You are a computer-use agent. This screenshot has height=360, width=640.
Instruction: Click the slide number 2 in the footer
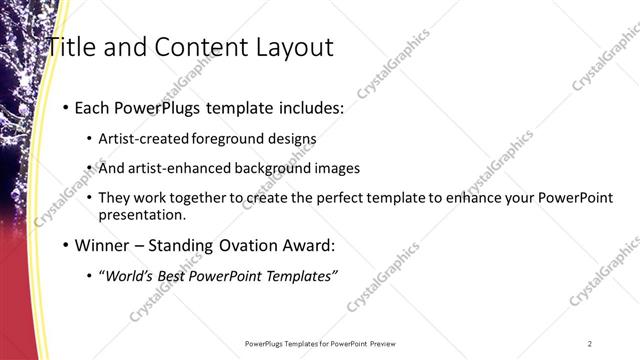pyautogui.click(x=590, y=343)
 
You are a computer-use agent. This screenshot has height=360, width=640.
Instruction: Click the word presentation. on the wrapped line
pyautogui.click(x=141, y=214)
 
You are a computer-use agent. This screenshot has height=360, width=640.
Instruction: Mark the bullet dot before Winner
pyautogui.click(x=65, y=245)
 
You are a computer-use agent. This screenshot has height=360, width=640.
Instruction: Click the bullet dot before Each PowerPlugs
pyautogui.click(x=65, y=108)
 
